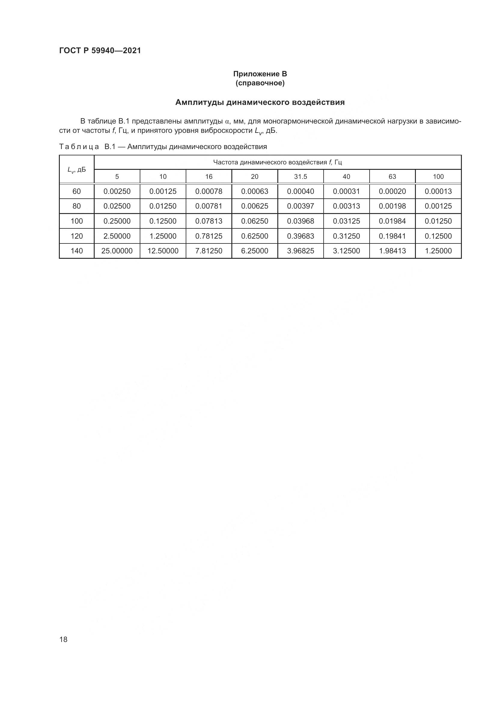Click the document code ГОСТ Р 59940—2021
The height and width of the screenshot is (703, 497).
[x=100, y=50]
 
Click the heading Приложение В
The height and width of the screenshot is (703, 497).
[x=260, y=74]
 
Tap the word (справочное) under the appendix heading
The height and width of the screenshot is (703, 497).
[x=260, y=83]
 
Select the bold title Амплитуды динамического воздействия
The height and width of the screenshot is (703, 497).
[x=260, y=102]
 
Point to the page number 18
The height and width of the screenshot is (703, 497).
[x=63, y=639]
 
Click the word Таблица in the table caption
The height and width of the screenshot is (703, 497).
[x=79, y=147]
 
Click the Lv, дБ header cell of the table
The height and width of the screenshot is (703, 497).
[x=77, y=170]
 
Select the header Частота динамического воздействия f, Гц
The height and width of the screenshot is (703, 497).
[x=277, y=162]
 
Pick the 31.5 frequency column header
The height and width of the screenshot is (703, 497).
[x=300, y=177]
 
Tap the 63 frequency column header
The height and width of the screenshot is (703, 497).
[x=392, y=177]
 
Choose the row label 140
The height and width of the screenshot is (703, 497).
[x=77, y=251]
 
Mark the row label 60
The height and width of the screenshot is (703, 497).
[x=77, y=191]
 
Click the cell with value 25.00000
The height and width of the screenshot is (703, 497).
[x=117, y=251]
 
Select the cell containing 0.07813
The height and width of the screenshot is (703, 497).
[x=209, y=221]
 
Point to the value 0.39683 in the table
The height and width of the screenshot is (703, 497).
[x=300, y=236]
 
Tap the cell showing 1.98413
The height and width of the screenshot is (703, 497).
[x=392, y=251]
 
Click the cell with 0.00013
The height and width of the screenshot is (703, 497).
[x=438, y=191]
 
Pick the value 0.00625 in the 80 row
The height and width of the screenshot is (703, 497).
[x=255, y=206]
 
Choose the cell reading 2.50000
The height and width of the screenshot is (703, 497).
[x=117, y=236]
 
